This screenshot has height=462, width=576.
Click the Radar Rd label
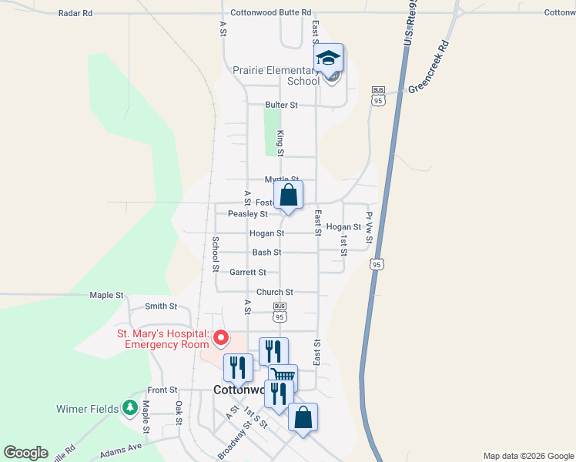[x=75, y=13]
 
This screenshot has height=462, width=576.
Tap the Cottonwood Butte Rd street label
[x=270, y=13]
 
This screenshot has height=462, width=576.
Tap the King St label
[x=281, y=143]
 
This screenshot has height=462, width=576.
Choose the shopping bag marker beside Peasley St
[x=288, y=196]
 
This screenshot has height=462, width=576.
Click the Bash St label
[x=266, y=253]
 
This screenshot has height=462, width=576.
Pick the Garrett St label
[x=248, y=273]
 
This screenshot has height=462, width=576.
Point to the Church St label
[x=275, y=293]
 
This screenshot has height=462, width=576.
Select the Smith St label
[x=161, y=306]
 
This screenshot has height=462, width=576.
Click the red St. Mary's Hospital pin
[x=221, y=337]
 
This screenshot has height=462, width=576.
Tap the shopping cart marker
[x=283, y=377]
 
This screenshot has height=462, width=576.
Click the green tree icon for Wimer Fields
[x=130, y=408]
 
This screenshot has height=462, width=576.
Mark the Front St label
[x=162, y=390]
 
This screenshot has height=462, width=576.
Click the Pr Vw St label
[x=370, y=229]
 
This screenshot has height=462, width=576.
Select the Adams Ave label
[x=121, y=447]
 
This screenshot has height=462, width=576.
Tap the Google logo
[x=25, y=453]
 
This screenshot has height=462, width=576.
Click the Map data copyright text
[x=527, y=456]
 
